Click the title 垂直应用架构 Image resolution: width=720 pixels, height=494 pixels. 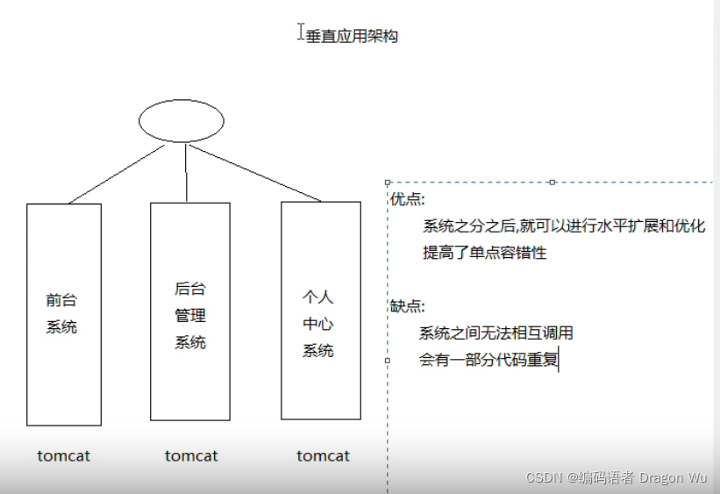tap(352, 37)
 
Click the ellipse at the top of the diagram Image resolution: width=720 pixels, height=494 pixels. tap(182, 121)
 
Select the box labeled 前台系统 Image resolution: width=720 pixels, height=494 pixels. tap(63, 314)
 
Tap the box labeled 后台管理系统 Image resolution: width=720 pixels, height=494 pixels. tap(190, 311)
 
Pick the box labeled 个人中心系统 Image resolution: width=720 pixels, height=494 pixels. tap(320, 310)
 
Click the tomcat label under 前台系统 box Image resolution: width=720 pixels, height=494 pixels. tap(63, 456)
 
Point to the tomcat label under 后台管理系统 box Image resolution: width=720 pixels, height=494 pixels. tap(191, 456)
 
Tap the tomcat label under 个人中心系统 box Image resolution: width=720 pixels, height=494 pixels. tap(323, 456)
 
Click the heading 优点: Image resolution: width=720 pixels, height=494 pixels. tap(407, 200)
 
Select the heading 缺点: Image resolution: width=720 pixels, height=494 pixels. tap(407, 306)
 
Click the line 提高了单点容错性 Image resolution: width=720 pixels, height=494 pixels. tap(484, 253)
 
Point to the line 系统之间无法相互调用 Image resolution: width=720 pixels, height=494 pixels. tap(495, 333)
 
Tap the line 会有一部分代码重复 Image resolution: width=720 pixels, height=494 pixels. tap(488, 360)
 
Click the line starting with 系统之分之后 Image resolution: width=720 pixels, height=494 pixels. tap(563, 226)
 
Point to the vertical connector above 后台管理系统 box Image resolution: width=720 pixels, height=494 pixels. tap(187, 173)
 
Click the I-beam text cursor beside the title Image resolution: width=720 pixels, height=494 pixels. tap(301, 32)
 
